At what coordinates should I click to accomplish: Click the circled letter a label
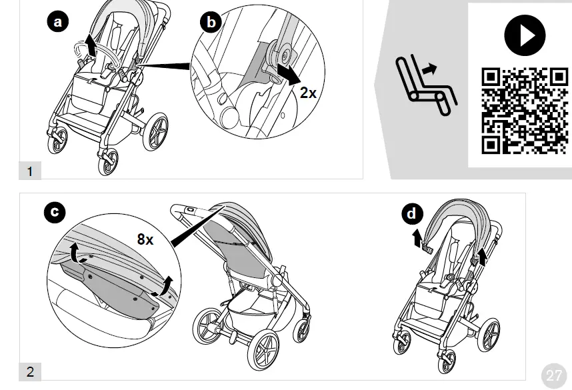pos(58,22)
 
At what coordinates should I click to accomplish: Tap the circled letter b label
pos(211,22)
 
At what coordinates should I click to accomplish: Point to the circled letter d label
pos(413,214)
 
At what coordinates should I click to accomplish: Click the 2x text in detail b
pos(307,93)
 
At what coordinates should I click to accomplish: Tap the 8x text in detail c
pos(145,239)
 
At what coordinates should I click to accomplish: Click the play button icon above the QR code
pos(525,35)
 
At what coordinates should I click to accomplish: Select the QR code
pos(525,111)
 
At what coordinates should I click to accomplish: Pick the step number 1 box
pos(29,171)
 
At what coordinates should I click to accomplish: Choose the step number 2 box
pos(30,372)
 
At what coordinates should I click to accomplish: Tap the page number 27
pos(554,375)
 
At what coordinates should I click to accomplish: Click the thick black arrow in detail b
pos(288,73)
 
